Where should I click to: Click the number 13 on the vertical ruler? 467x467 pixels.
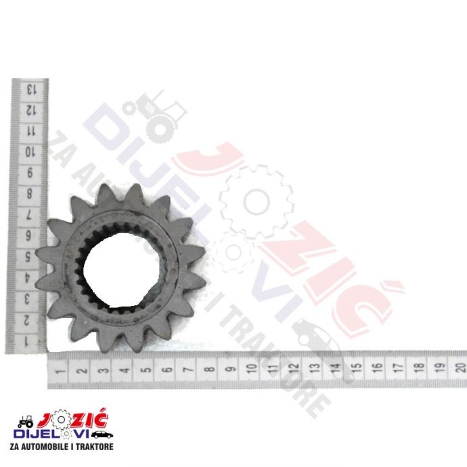pyautogui.click(x=31, y=89)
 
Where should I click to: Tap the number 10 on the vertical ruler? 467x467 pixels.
pyautogui.click(x=30, y=152)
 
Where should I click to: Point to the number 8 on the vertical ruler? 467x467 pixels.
pyautogui.click(x=29, y=194)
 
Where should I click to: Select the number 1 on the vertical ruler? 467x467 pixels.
pyautogui.click(x=26, y=341)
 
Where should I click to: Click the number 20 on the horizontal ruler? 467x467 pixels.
pyautogui.click(x=460, y=367)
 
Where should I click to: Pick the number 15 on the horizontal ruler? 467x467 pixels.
pyautogui.click(x=357, y=368)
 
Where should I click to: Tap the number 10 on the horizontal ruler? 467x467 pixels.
pyautogui.click(x=252, y=368)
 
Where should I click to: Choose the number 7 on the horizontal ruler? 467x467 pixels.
pyautogui.click(x=188, y=370)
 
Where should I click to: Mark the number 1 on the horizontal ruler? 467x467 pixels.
pyautogui.click(x=60, y=371)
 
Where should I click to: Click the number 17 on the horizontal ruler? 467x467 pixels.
pyautogui.click(x=398, y=367)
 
